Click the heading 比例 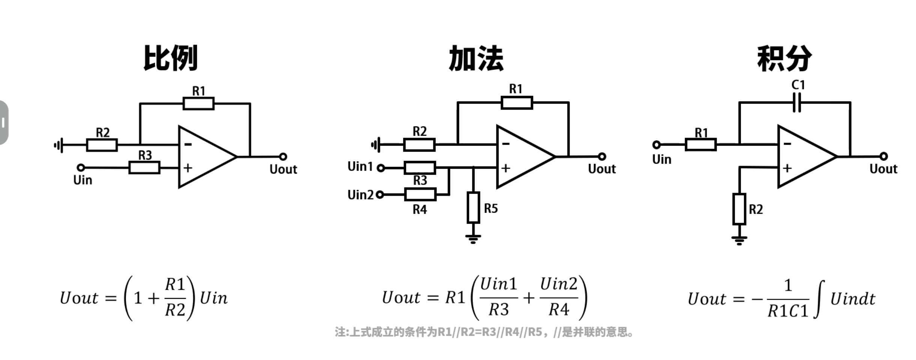171,58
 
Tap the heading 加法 476,58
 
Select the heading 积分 784,58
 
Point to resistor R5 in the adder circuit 473,208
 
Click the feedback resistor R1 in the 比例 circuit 198,103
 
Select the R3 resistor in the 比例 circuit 144,167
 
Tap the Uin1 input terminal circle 381,168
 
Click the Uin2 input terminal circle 380,195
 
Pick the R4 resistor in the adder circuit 420,195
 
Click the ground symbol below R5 473,238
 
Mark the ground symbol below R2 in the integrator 739,240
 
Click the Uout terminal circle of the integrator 883,156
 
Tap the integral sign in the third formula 819,299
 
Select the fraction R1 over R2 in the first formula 175,298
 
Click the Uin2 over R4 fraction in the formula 559,297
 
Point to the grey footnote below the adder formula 484,332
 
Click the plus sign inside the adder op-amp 506,168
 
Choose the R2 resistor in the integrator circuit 739,209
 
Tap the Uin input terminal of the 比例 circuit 81,167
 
